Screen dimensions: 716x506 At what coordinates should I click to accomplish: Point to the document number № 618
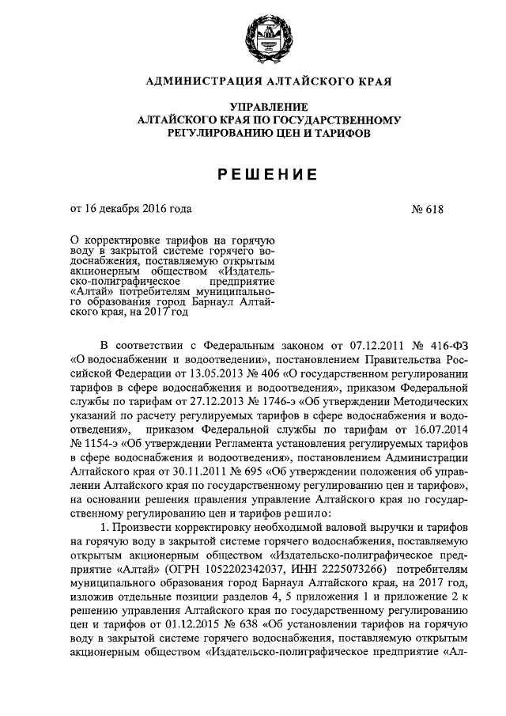tap(428, 210)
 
